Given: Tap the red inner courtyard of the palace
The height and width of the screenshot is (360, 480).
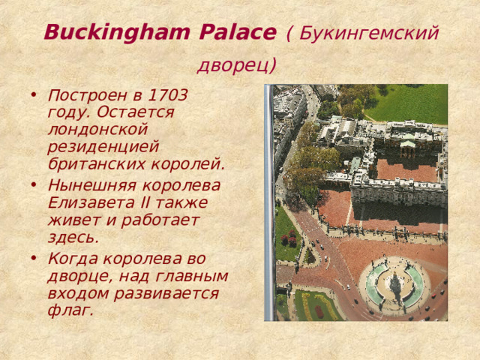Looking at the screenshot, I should (x=406, y=169).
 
